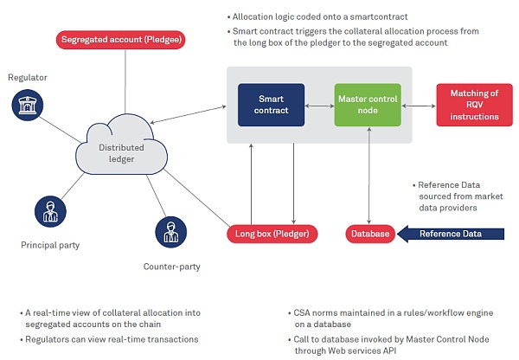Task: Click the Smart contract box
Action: [x=272, y=106]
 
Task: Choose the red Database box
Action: [x=370, y=233]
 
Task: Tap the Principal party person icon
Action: [x=48, y=210]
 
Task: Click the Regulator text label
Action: [x=27, y=78]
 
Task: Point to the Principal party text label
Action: [x=50, y=245]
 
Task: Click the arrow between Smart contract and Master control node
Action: [x=319, y=106]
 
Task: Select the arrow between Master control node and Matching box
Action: [x=420, y=106]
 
